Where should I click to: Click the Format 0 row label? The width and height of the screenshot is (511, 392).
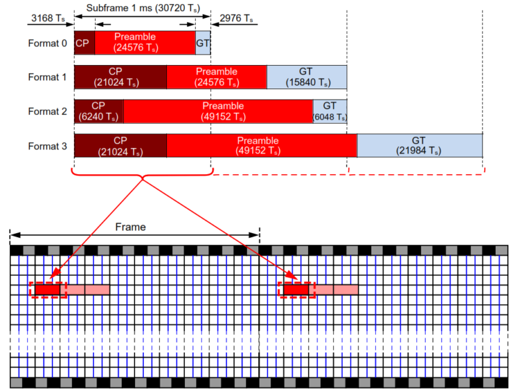[x=47, y=43]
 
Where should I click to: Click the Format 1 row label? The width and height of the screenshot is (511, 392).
[x=47, y=77]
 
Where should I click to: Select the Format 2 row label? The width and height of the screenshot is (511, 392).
[x=47, y=111]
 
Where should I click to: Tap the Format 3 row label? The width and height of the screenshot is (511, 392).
[x=47, y=146]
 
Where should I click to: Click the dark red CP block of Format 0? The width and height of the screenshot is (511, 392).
[x=84, y=43]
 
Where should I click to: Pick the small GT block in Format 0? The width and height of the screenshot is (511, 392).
[x=202, y=43]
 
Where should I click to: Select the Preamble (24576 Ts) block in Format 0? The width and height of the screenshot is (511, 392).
[x=144, y=43]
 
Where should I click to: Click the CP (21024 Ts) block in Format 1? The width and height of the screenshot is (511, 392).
[x=120, y=77]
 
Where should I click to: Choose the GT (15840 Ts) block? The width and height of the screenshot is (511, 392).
[x=306, y=77]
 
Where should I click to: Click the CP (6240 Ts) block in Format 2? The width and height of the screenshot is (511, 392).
[x=98, y=111]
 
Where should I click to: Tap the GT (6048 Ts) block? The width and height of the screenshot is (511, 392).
[x=329, y=111]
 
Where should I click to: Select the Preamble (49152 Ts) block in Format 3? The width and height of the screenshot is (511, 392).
[x=261, y=146]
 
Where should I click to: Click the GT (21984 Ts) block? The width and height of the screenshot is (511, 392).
[x=419, y=146]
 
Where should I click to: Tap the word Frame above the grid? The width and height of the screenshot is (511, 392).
[x=130, y=227]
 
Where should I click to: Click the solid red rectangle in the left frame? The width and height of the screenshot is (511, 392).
[x=48, y=290]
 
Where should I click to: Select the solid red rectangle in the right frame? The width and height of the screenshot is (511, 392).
[x=296, y=290]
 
